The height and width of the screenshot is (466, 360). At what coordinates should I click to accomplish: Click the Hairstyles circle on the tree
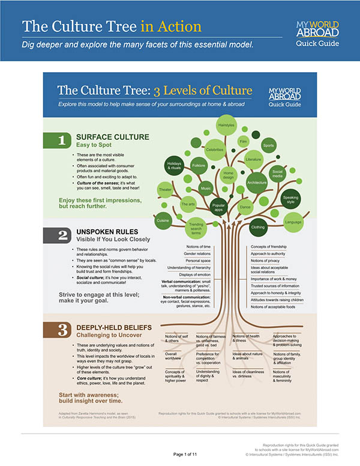226,125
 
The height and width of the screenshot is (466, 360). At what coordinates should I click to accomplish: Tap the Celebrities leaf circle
214,149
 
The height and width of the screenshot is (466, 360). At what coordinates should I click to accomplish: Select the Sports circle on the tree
269,145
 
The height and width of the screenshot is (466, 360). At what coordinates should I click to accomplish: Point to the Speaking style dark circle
290,199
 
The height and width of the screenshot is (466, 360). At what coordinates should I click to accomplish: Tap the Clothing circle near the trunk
257,227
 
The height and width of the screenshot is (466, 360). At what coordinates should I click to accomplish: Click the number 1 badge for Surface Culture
62,141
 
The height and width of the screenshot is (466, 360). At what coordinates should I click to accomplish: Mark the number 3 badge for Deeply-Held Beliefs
62,329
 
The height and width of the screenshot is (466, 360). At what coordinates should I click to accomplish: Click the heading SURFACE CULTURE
112,137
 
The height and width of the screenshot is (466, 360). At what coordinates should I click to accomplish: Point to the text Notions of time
199,246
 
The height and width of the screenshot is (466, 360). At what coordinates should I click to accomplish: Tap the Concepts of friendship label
268,246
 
